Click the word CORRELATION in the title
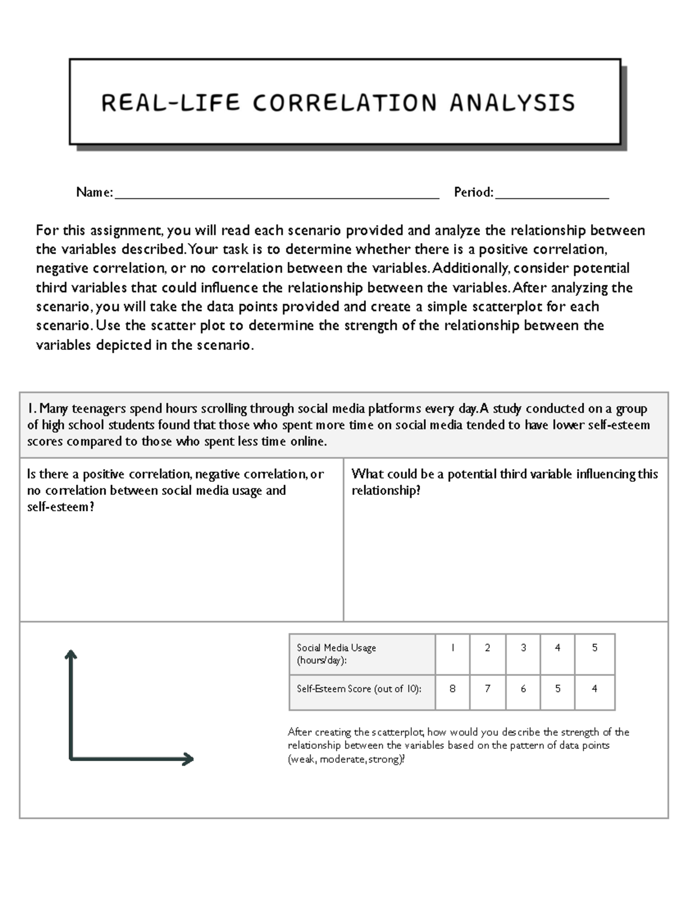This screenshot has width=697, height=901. click(344, 103)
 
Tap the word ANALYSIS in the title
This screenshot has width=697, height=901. click(512, 103)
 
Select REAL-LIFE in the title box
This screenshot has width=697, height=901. click(170, 103)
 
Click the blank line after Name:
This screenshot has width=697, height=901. click(276, 193)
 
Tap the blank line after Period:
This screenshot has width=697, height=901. click(552, 193)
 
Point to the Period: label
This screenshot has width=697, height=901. click(473, 192)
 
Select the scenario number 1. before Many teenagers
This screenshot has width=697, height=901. click(32, 409)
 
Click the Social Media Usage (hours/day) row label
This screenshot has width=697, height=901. click(336, 654)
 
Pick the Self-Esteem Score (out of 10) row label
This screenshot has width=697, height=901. click(359, 689)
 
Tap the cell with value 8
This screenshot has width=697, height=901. click(452, 689)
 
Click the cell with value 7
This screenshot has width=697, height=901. click(487, 689)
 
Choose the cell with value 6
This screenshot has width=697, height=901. click(523, 689)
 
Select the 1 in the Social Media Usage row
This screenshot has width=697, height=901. click(452, 648)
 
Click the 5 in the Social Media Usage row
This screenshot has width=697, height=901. click(594, 648)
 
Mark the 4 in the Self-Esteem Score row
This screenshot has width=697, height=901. click(594, 689)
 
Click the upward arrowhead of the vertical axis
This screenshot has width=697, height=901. click(71, 654)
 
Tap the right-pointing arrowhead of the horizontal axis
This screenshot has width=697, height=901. click(188, 759)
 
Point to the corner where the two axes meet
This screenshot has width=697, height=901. click(71, 758)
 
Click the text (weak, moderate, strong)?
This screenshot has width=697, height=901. click(346, 759)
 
